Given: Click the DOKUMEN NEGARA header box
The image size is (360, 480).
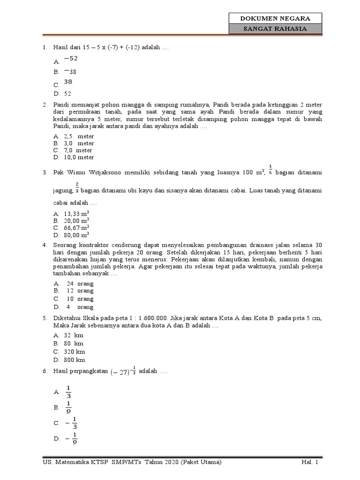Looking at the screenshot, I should click(x=275, y=19).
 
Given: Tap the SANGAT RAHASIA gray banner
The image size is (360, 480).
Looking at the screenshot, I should click(x=275, y=29).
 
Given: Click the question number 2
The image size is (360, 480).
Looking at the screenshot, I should click(x=44, y=105).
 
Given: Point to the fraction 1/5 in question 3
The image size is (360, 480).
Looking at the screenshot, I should click(x=270, y=169).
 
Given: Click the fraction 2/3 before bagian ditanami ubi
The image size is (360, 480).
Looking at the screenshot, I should click(x=77, y=187).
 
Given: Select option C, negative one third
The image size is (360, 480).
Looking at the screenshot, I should click(x=72, y=423).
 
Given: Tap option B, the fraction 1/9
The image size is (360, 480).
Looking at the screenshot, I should click(x=68, y=407).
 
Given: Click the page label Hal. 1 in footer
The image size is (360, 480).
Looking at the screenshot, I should click(x=310, y=463).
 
